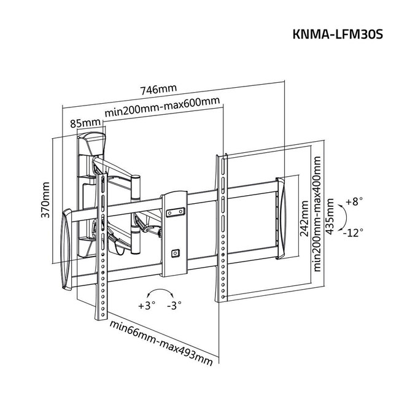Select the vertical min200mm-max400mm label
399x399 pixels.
pyautogui.click(x=318, y=213)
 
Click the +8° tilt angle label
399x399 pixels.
pyautogui.click(x=355, y=201)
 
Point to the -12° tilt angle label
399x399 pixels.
pyautogui.click(x=354, y=232)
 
